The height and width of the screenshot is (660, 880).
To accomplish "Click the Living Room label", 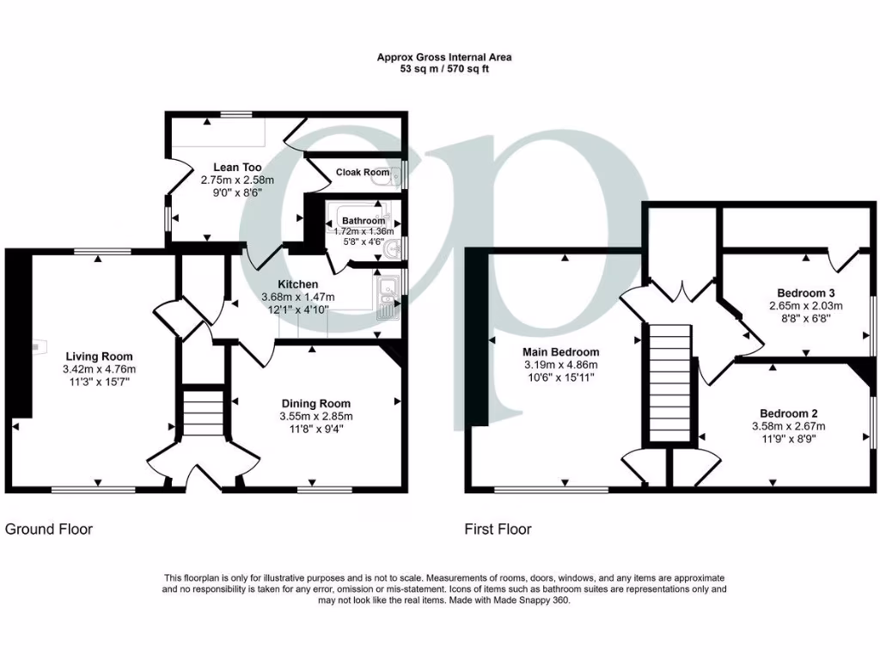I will point(100,356).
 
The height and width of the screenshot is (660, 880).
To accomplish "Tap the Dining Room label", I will point(317,403).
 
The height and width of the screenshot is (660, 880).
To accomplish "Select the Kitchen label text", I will point(297,284).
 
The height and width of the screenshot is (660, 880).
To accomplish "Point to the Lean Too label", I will point(237,168).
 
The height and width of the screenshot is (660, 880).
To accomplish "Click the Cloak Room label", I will point(362,172).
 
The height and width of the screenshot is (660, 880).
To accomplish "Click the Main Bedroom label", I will point(561,352).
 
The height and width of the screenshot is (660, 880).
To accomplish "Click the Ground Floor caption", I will point(49,529).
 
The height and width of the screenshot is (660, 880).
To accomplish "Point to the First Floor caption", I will point(498,529).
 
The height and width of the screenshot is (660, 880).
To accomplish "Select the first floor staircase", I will point(669,382).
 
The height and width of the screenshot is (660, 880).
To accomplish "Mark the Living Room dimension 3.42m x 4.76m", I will point(100,369).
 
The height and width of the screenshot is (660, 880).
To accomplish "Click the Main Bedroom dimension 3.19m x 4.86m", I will point(561,364).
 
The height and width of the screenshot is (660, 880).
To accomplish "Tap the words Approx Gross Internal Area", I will point(444,58).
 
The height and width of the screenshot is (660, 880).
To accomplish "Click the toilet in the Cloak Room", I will point(395,176).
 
